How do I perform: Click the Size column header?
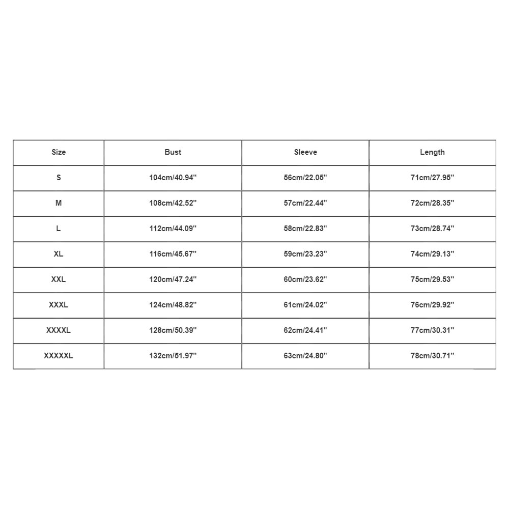(x=59, y=152)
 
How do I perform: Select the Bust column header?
(x=173, y=152)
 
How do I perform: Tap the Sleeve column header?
(x=305, y=152)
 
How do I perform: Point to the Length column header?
(x=432, y=152)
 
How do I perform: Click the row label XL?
(x=59, y=254)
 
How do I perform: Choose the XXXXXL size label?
(x=59, y=356)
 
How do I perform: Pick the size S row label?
(x=59, y=178)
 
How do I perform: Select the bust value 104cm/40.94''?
(x=173, y=178)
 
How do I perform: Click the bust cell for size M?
(x=173, y=203)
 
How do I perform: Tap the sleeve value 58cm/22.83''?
(x=305, y=229)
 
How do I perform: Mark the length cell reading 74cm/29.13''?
(x=432, y=254)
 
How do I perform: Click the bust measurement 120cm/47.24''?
(x=173, y=279)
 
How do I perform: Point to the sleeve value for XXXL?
(x=305, y=305)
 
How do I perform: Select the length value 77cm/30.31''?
(x=432, y=330)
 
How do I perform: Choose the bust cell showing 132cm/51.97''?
(x=173, y=356)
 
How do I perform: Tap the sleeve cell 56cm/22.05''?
(x=305, y=178)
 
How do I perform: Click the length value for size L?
(x=432, y=229)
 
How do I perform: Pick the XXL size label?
(x=59, y=279)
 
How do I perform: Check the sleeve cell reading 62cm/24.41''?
(x=305, y=330)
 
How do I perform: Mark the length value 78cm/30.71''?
(x=432, y=356)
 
